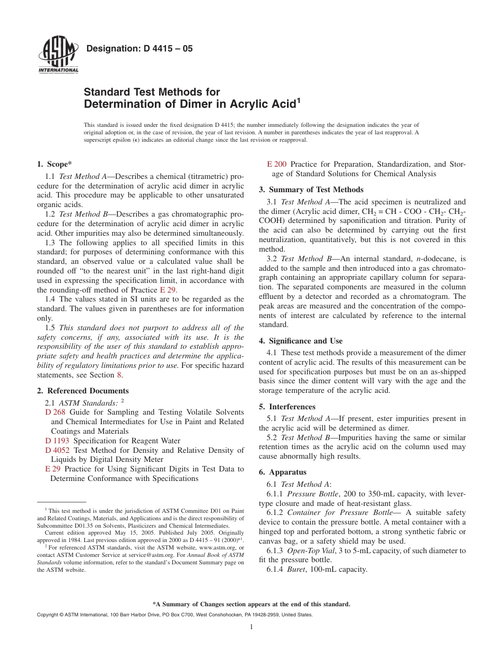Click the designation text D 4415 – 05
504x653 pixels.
pyautogui.click(x=139, y=49)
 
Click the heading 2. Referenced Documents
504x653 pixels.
pyautogui.click(x=83, y=391)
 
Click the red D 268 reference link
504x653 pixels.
pyautogui.click(x=55, y=412)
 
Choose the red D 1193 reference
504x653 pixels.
pyautogui.click(x=57, y=441)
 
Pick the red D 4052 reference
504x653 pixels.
pyautogui.click(x=57, y=450)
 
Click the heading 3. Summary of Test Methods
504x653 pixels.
pyautogui.click(x=311, y=190)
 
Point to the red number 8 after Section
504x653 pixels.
pyautogui.click(x=119, y=375)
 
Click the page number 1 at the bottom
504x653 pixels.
pyautogui.click(x=251, y=627)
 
